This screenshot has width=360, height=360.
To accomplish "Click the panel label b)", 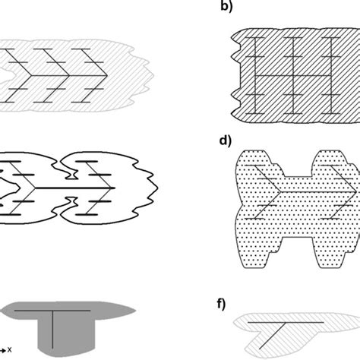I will coord(224,12).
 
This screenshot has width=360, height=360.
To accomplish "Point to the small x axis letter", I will coord(10,352).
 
